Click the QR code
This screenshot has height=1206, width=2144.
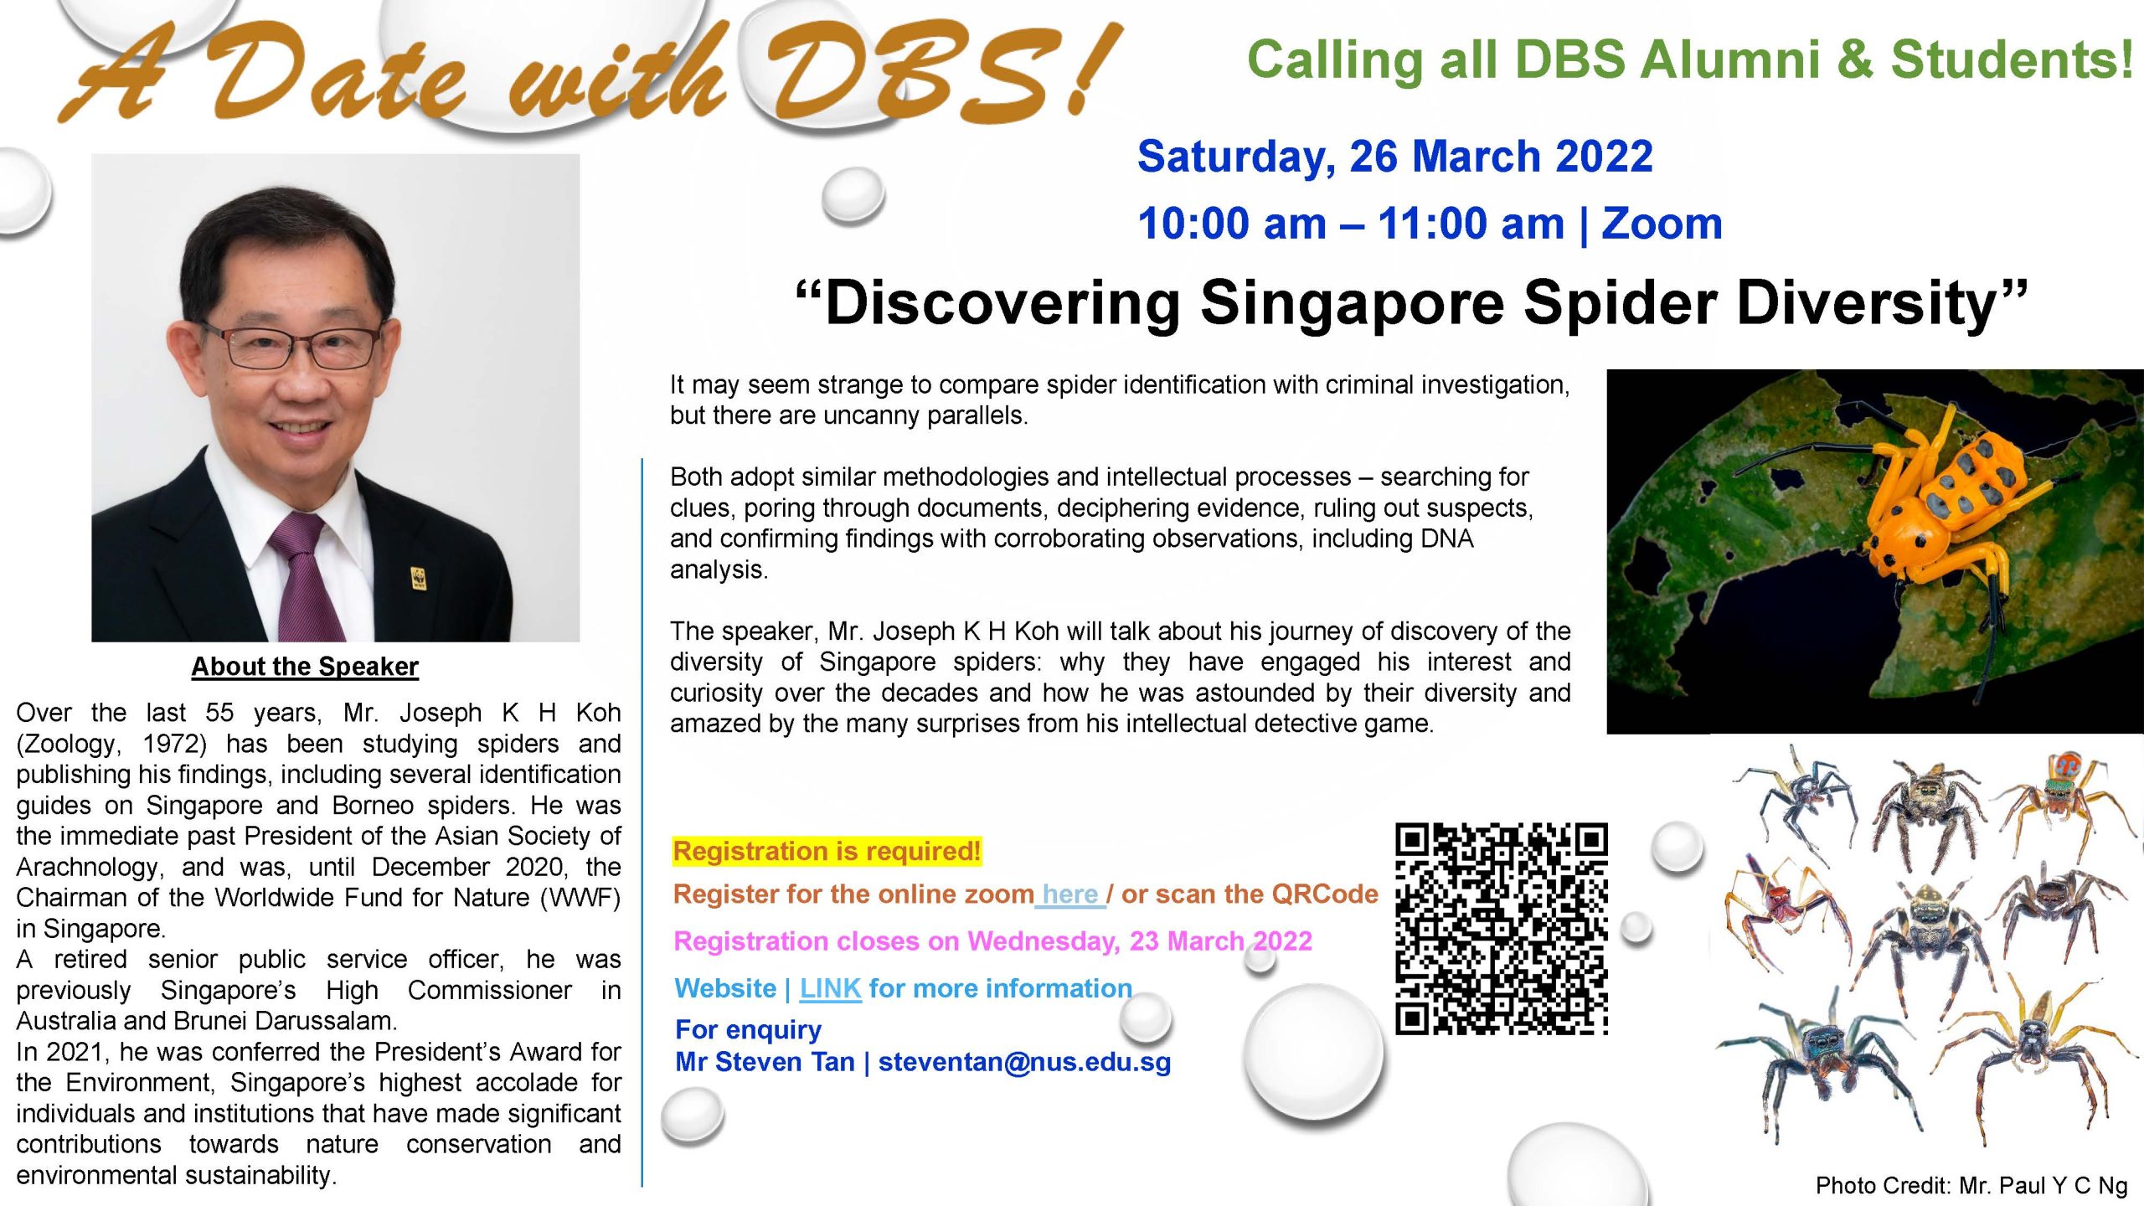(1501, 929)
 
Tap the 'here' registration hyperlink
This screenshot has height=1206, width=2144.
(1069, 894)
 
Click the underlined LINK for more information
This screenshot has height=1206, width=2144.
(830, 988)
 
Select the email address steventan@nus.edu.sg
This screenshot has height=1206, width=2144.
(1024, 1062)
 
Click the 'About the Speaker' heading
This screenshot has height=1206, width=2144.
(305, 667)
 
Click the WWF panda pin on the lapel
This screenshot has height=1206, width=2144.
(418, 578)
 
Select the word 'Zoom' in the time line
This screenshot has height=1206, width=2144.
(1662, 224)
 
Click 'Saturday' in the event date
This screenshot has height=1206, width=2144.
(1235, 157)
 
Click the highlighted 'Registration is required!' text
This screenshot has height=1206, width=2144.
(827, 851)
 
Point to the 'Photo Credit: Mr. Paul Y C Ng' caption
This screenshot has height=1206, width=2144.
(1971, 1185)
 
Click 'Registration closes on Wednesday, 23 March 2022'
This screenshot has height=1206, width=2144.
(992, 941)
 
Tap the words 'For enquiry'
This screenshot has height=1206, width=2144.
(748, 1029)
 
